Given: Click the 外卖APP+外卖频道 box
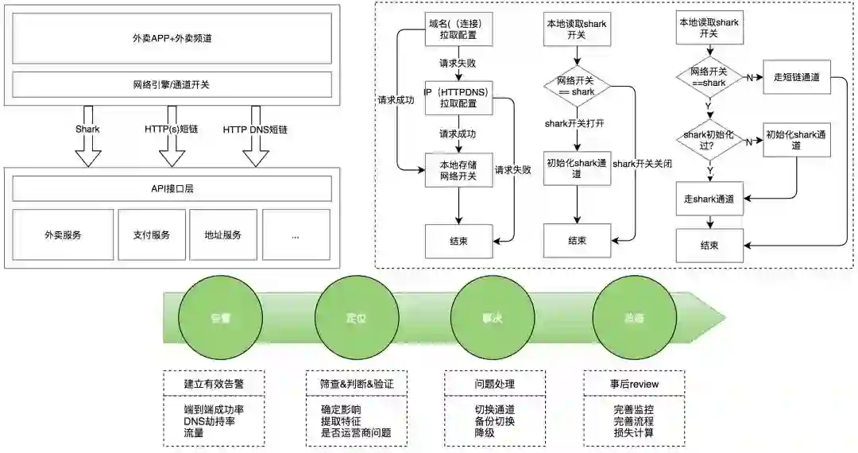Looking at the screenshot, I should pyautogui.click(x=172, y=37).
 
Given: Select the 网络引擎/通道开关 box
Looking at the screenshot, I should pyautogui.click(x=172, y=84).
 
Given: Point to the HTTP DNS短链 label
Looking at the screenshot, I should pyautogui.click(x=255, y=129).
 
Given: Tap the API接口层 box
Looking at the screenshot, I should pyautogui.click(x=172, y=188).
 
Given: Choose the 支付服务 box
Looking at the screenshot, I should pyautogui.click(x=151, y=234).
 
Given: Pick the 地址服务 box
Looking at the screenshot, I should pyautogui.click(x=222, y=234).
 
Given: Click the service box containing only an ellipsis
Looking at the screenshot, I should pyautogui.click(x=296, y=234).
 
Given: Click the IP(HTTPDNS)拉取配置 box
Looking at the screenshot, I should pyautogui.click(x=459, y=98).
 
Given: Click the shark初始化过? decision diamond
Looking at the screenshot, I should pyautogui.click(x=709, y=141).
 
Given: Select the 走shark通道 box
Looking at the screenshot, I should pyautogui.click(x=709, y=198).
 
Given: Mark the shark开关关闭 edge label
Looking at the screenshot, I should pyautogui.click(x=643, y=164).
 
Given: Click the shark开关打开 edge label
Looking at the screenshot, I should pyautogui.click(x=576, y=123).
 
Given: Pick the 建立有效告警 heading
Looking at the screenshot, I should pyautogui.click(x=214, y=383).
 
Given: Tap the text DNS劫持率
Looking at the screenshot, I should pyautogui.click(x=214, y=421).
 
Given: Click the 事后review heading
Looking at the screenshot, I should pyautogui.click(x=634, y=383).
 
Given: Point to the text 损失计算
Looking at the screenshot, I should pyautogui.click(x=634, y=433).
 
